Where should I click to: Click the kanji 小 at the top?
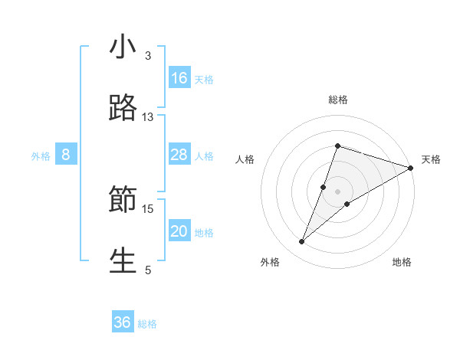[x=123, y=47]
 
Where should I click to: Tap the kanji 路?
[x=123, y=109]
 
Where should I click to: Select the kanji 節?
[x=123, y=201]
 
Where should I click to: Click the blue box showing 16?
[x=179, y=77]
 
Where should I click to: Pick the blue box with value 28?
[x=179, y=155]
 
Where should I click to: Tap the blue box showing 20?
[x=179, y=231]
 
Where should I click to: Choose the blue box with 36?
[x=123, y=322]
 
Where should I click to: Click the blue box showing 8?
[x=66, y=155]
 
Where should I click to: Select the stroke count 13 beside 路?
[x=148, y=117]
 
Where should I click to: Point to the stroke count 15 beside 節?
[x=148, y=208]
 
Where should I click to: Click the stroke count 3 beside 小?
[x=148, y=56]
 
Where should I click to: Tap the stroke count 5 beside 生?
[x=148, y=270]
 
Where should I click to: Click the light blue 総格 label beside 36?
[x=147, y=324]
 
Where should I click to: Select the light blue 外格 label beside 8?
[x=41, y=155]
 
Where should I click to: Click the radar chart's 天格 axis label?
[x=431, y=159]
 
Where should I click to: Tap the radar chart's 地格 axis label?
[x=402, y=262]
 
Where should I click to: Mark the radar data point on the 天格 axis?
[x=411, y=168]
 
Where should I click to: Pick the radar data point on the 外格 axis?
[x=302, y=242]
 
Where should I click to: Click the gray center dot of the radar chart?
[x=338, y=191]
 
